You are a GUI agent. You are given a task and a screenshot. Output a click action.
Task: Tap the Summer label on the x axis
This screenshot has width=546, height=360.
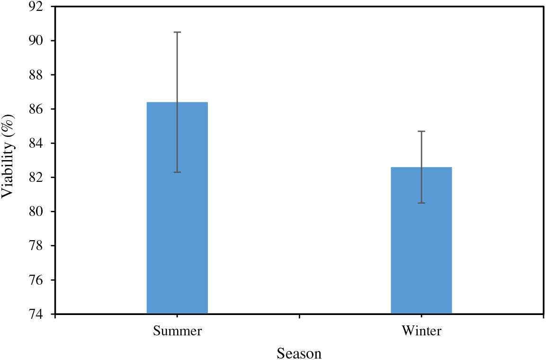177,331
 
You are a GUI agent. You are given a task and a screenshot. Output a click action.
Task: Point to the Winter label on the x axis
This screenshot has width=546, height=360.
421,331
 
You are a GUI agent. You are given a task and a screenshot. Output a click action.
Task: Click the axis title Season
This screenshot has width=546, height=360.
299,353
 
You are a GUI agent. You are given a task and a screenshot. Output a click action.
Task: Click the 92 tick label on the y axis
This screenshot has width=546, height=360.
36,7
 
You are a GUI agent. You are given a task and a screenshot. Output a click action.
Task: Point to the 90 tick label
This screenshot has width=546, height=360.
36,41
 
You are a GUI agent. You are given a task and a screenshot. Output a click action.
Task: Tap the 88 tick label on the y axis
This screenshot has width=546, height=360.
36,75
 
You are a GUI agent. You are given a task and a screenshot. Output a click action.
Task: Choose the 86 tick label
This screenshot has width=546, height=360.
36,109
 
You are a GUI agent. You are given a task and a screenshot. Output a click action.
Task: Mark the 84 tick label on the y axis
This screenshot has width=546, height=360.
36,143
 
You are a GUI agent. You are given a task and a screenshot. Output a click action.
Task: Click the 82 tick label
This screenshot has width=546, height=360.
36,177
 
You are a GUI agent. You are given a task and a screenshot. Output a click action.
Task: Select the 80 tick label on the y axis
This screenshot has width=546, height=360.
36,211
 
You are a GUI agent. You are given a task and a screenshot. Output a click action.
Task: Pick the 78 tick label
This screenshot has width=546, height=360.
36,246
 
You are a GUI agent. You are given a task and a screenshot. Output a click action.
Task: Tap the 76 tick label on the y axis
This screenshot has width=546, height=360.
36,280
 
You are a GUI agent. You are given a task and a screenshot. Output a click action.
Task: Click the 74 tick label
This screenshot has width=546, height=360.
36,314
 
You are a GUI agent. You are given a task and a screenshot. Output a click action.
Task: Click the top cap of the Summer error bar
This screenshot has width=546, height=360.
177,32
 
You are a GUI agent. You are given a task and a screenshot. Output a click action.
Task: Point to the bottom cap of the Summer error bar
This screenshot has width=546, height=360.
177,172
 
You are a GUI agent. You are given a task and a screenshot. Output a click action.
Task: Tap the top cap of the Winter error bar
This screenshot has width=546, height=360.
421,131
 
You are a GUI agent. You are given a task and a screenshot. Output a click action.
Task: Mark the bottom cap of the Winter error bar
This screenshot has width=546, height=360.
421,203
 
